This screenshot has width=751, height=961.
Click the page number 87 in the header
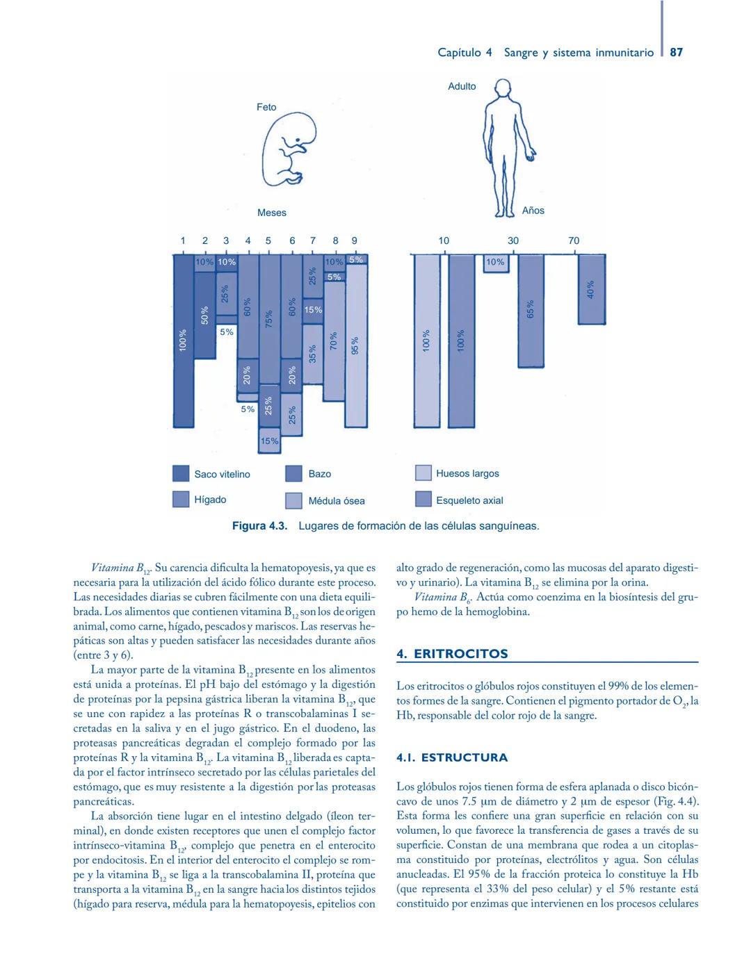click(676, 52)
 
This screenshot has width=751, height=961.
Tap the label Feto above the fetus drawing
click(266, 107)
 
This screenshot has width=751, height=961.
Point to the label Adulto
click(462, 86)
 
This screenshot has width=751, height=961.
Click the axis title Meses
click(271, 213)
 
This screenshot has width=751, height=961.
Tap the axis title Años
click(533, 211)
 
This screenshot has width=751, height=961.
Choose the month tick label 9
click(354, 240)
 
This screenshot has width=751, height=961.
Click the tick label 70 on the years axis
click(574, 240)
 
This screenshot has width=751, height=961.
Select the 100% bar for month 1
click(183, 340)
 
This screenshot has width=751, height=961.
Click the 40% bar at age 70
click(592, 289)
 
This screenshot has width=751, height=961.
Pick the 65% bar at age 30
click(531, 311)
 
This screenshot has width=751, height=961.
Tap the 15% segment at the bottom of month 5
click(269, 441)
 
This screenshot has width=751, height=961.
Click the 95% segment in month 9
click(356, 345)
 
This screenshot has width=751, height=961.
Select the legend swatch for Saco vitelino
click(181, 474)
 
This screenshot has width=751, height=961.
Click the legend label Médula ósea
click(336, 501)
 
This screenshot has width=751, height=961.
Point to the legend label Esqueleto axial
click(469, 500)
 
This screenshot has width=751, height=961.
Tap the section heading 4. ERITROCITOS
click(452, 654)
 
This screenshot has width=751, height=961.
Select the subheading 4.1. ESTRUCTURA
click(452, 757)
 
